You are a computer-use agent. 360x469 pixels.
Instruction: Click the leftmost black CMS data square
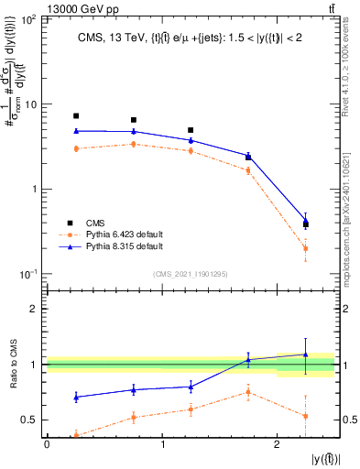pyautogui.click(x=76, y=116)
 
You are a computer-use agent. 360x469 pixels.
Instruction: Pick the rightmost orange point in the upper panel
pyautogui.click(x=306, y=248)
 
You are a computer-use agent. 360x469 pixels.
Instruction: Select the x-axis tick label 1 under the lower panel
pyautogui.click(x=162, y=443)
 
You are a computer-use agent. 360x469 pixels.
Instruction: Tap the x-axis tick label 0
pyautogui.click(x=47, y=443)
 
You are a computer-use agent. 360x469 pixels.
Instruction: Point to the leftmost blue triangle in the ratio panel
pyautogui.click(x=76, y=397)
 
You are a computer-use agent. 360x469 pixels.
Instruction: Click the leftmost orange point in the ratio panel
pyautogui.click(x=76, y=436)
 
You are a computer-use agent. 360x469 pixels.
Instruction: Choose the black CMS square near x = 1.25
pyautogui.click(x=191, y=130)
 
